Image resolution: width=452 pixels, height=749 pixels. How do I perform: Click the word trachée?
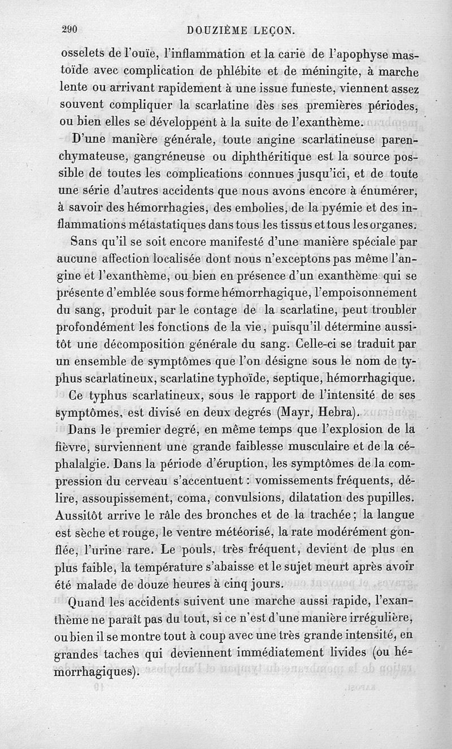324,515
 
